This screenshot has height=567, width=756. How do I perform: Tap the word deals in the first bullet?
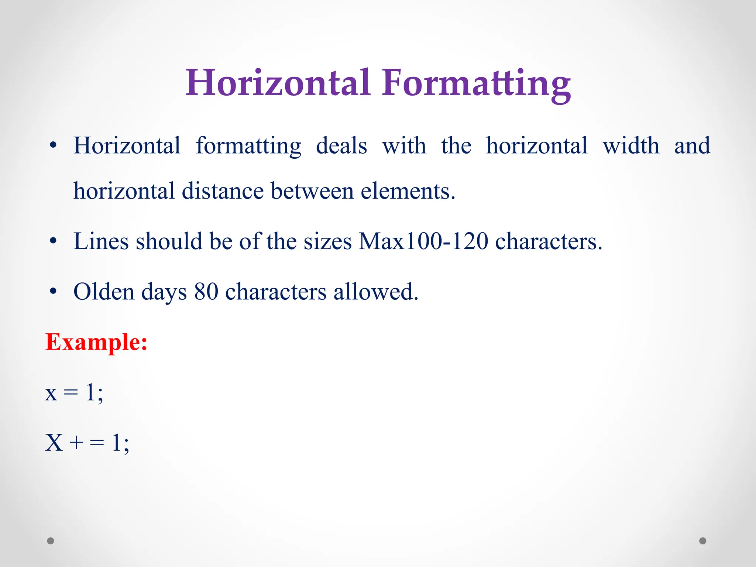(x=341, y=146)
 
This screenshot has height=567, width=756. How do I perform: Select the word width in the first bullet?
(x=631, y=146)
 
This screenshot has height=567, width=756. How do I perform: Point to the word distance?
(x=223, y=191)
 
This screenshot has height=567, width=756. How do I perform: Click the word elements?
(x=408, y=191)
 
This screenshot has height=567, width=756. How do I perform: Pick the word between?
(x=312, y=191)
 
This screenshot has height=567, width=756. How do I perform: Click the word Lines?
(x=101, y=241)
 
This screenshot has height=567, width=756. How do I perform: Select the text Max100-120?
(x=423, y=241)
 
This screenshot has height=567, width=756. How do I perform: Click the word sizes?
(x=328, y=242)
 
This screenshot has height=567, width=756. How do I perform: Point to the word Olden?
(x=104, y=292)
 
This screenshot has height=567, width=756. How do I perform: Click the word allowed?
(x=376, y=292)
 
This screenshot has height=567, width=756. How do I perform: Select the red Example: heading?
(x=96, y=342)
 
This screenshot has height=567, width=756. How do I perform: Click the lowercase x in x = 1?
(x=51, y=393)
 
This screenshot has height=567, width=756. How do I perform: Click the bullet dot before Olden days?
(x=54, y=292)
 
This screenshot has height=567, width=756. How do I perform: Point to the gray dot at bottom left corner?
(x=51, y=541)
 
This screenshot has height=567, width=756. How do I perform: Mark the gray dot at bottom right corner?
(x=703, y=541)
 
